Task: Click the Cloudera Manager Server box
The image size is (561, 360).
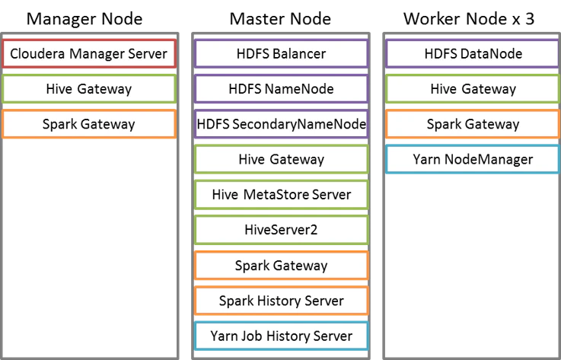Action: pos(89,54)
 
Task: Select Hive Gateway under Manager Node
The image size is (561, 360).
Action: pos(89,89)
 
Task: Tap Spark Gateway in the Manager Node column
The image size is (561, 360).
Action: pos(89,124)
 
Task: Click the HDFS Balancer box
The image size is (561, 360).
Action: pos(281,54)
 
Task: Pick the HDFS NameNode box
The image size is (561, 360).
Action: pos(281,89)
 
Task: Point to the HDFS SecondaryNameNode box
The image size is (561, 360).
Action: pos(281,124)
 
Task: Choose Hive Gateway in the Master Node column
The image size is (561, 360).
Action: pos(281,159)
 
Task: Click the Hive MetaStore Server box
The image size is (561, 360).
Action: pos(281,195)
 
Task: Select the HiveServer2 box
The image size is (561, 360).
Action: pos(281,230)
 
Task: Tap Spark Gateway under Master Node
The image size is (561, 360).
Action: pos(281,266)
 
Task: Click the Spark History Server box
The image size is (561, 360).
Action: pos(281,301)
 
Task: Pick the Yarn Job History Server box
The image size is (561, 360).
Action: pos(281,336)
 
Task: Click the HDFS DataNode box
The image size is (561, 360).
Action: pos(473,54)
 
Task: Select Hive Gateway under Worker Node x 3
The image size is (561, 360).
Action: pos(473,89)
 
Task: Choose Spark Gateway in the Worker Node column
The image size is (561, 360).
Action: pos(473,124)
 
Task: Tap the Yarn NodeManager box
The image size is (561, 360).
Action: pos(473,159)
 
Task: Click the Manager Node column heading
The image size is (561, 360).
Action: pos(84,18)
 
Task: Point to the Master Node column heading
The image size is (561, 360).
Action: pos(280,18)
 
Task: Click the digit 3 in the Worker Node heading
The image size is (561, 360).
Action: pos(530,18)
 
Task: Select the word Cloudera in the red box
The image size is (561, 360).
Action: pos(37,54)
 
